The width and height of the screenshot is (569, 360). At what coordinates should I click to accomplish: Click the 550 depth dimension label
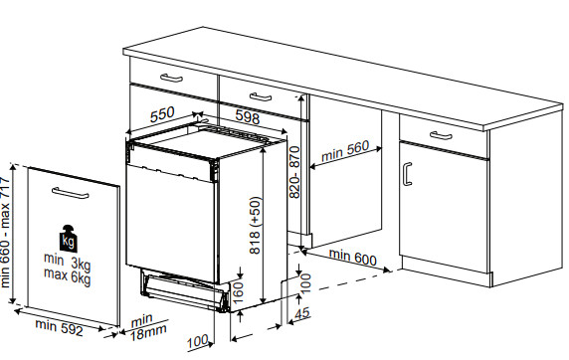[164, 114]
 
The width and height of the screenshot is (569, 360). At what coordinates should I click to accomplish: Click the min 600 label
[353, 258]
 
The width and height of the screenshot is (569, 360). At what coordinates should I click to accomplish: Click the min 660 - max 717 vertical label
[9, 237]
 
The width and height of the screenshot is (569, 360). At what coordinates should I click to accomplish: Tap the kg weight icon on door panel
[68, 240]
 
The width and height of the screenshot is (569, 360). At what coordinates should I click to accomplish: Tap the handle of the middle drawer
[260, 96]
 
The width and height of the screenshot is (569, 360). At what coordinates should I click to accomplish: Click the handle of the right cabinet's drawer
[441, 135]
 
